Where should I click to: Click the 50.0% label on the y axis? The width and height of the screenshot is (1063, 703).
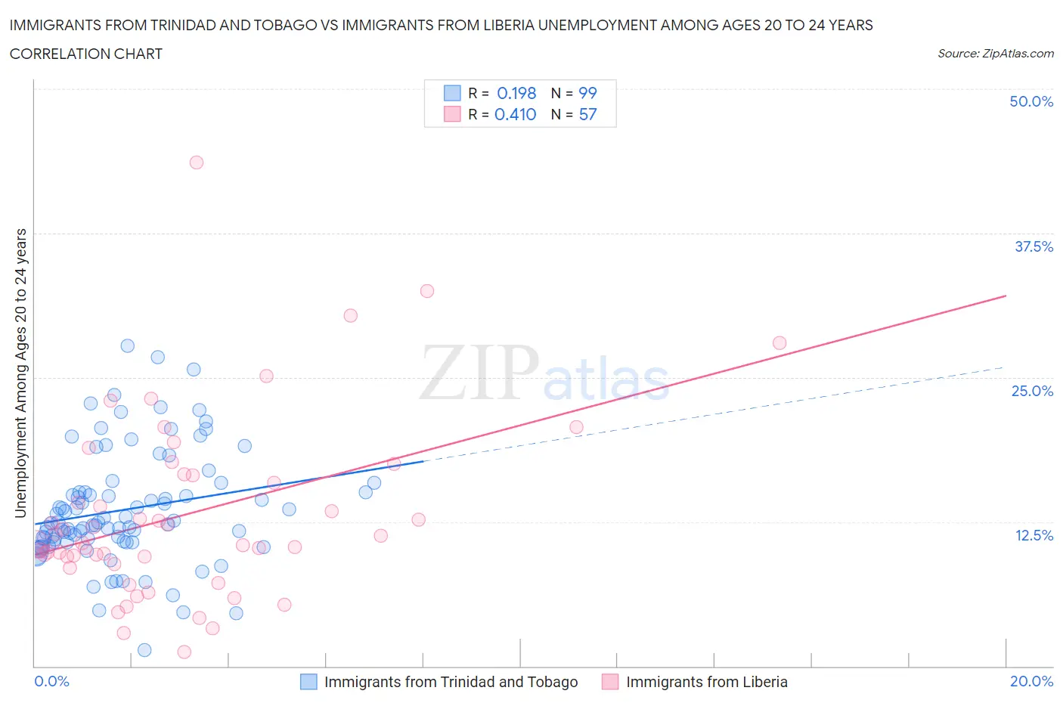pyautogui.click(x=1031, y=101)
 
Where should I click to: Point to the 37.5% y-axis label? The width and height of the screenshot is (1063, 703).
pyautogui.click(x=1034, y=246)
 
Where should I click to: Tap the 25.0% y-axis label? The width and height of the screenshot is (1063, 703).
pyautogui.click(x=1032, y=391)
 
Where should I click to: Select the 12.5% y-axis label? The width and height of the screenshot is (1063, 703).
pyautogui.click(x=1034, y=535)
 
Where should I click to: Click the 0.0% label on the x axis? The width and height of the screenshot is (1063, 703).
pyautogui.click(x=51, y=681)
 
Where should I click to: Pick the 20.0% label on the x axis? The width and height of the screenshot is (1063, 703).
pyautogui.click(x=1031, y=681)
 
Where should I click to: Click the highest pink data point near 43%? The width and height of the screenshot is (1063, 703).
pyautogui.click(x=197, y=162)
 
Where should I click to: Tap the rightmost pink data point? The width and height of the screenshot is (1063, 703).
pyautogui.click(x=779, y=343)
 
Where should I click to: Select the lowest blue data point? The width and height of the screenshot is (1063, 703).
pyautogui.click(x=144, y=650)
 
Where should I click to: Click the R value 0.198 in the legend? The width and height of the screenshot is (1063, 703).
pyautogui.click(x=516, y=93)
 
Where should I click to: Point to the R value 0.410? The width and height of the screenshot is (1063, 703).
pyautogui.click(x=515, y=114)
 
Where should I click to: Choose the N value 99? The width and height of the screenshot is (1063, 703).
pyautogui.click(x=587, y=93)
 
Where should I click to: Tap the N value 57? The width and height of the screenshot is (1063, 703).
pyautogui.click(x=587, y=114)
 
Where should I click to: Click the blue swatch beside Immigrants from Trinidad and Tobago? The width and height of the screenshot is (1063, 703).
pyautogui.click(x=308, y=682)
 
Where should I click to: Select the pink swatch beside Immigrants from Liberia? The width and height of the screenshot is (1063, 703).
pyautogui.click(x=610, y=682)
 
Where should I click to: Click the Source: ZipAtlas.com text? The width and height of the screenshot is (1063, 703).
pyautogui.click(x=995, y=53)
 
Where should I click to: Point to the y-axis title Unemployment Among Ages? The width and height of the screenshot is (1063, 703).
pyautogui.click(x=20, y=373)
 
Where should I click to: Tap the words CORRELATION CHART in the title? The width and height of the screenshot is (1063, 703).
pyautogui.click(x=86, y=54)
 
